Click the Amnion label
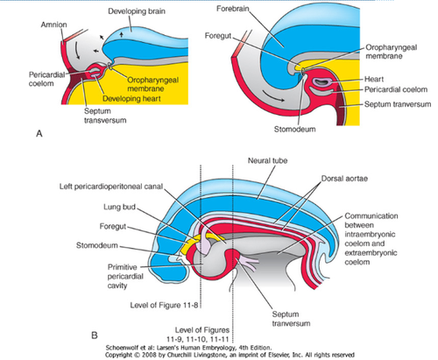[53, 25]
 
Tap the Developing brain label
[137, 11]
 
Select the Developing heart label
[131, 98]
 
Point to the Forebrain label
[233, 9]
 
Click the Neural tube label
[267, 160]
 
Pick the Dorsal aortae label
[344, 179]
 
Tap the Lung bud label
[119, 207]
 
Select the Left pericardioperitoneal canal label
[111, 187]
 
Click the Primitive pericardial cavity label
[125, 276]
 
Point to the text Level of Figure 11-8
[164, 305]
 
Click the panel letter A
[39, 134]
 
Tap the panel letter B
[94, 335]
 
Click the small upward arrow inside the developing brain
[122, 35]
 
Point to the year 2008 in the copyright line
[147, 355]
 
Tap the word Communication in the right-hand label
[371, 216]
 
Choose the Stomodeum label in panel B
[97, 245]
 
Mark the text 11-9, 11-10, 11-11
[197, 339]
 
